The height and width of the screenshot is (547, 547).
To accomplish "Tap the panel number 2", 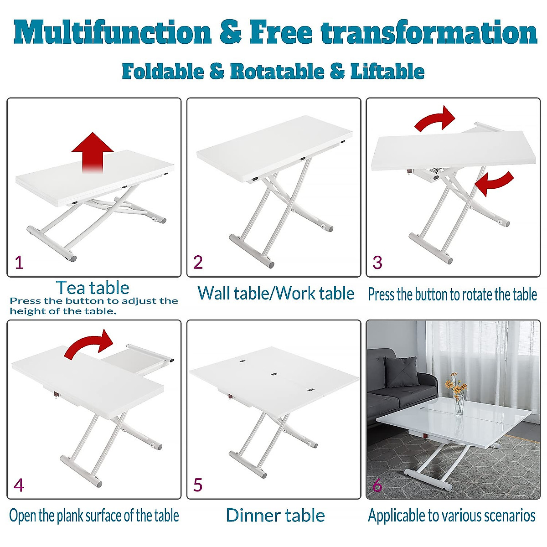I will point(198,263).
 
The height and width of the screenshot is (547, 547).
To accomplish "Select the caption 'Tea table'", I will point(93,288).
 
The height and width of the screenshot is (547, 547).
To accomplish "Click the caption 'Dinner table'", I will point(275,515).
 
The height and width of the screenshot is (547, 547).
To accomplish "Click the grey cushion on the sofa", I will point(402,372).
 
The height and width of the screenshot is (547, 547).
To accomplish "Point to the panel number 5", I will point(197,485).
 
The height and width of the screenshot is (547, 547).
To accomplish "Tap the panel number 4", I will point(19,485).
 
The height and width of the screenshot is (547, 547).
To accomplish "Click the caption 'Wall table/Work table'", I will point(276,293).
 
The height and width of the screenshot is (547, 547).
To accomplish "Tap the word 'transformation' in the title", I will point(428,33).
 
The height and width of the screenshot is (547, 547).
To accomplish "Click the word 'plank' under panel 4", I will point(71,516).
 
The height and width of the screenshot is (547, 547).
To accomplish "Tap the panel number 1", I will point(19,263).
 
